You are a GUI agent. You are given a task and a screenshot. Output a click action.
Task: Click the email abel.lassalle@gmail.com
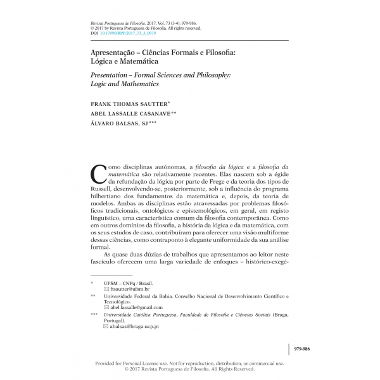[x=136, y=307]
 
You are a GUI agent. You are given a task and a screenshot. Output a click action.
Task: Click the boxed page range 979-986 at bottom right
[x=303, y=349]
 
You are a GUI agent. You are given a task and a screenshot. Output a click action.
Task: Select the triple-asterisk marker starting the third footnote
[x=94, y=314]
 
